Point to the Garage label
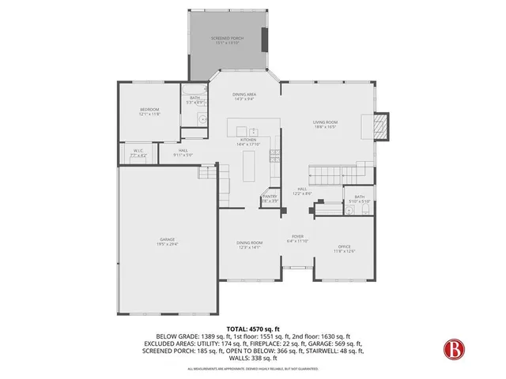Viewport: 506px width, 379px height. tap(167, 242)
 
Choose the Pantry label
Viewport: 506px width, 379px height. tap(270, 197)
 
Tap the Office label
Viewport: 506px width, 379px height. tap(345, 250)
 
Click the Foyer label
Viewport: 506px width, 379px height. tap(297, 238)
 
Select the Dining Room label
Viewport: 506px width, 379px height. tap(249, 245)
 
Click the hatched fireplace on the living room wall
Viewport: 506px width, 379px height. tap(382, 125)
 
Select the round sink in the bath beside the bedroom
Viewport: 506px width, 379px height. tap(202, 118)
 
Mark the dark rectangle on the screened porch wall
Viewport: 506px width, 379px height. tap(263, 40)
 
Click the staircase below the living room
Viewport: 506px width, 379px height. tap(327, 173)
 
